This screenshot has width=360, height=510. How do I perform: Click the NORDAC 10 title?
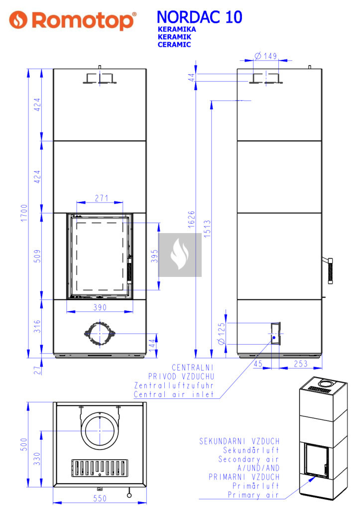click(x=199, y=17)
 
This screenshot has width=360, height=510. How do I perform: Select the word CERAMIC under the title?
click(x=174, y=44)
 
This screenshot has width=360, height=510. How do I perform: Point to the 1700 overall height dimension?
click(x=24, y=213)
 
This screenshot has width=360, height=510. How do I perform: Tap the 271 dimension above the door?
click(x=102, y=198)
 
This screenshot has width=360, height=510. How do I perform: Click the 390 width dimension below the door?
click(x=100, y=307)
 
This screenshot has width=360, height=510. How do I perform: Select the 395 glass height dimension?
click(x=154, y=256)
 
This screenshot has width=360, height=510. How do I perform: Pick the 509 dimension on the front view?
click(x=37, y=256)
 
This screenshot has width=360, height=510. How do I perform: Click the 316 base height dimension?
click(x=37, y=326)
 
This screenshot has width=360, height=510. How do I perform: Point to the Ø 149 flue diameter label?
click(x=265, y=56)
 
